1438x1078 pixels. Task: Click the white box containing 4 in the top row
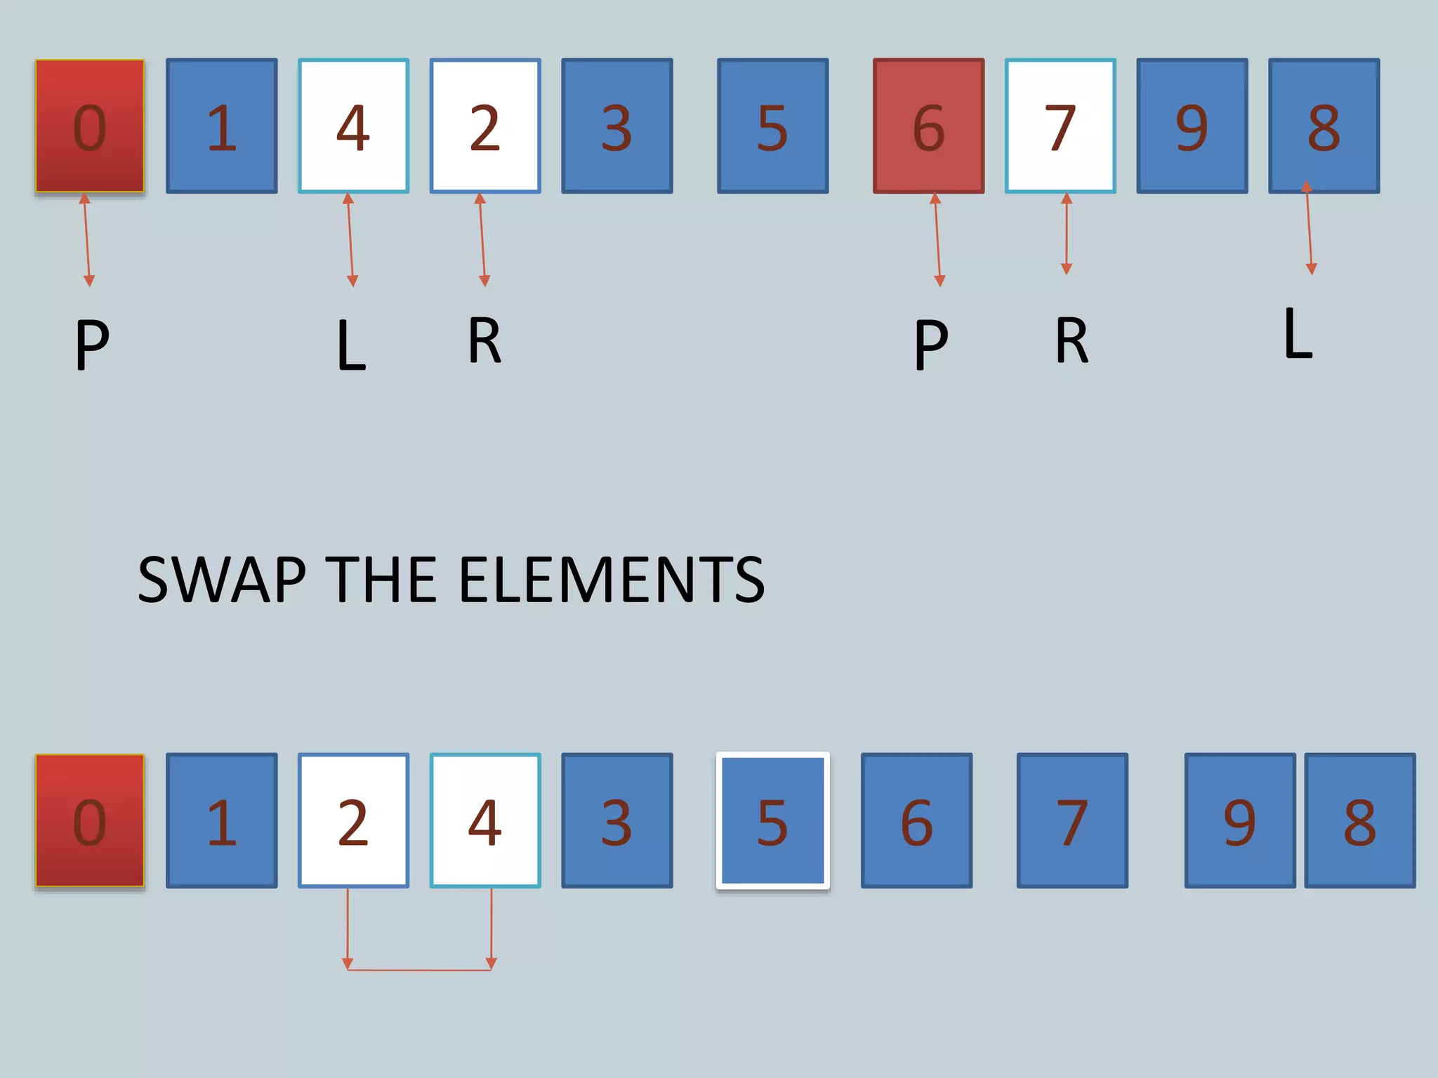tap(353, 126)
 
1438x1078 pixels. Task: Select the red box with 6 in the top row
tap(928, 126)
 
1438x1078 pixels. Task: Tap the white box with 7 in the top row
tap(1060, 126)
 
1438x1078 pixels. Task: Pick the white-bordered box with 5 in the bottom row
tap(772, 820)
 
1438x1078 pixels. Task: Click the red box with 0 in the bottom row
tap(90, 820)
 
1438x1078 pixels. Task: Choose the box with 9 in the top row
tap(1192, 126)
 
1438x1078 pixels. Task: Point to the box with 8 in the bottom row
tap(1360, 820)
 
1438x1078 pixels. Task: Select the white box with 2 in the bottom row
tap(353, 820)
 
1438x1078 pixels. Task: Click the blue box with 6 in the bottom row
tap(916, 820)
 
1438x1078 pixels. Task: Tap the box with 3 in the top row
tap(616, 126)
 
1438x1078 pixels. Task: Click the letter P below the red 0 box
tap(92, 344)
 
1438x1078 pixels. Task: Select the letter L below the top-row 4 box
tap(351, 345)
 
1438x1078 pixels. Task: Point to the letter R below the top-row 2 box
tap(484, 340)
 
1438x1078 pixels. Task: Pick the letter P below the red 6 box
tap(931, 344)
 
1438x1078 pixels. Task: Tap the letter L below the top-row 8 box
tap(1298, 334)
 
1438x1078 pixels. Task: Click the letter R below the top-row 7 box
tap(1071, 340)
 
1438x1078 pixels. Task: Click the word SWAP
tap(222, 580)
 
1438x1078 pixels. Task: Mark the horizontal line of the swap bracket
tap(419, 970)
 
